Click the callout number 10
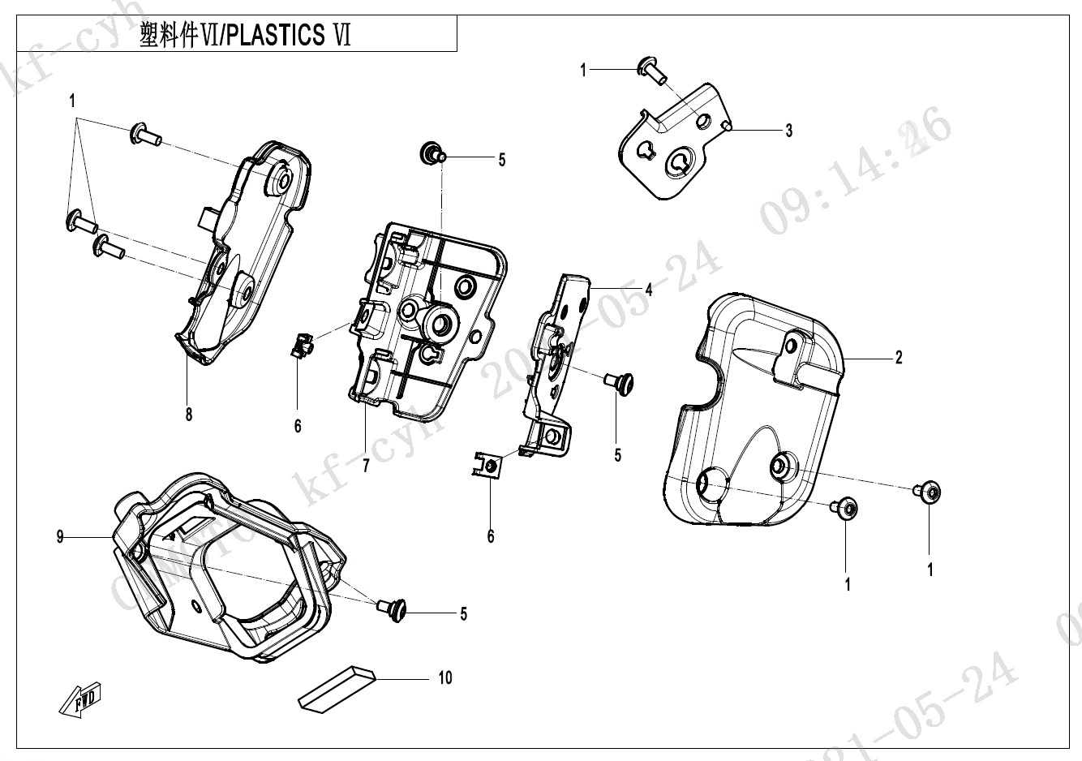pyautogui.click(x=444, y=677)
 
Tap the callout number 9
pyautogui.click(x=60, y=536)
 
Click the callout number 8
pyautogui.click(x=189, y=415)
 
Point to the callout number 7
pyautogui.click(x=366, y=466)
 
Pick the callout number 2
pyautogui.click(x=899, y=357)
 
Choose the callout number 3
pyautogui.click(x=788, y=130)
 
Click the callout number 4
pyautogui.click(x=648, y=289)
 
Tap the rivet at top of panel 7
pyautogui.click(x=430, y=152)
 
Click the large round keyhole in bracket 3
pyautogui.click(x=678, y=165)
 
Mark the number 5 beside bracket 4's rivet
pyautogui.click(x=618, y=455)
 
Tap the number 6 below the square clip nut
pyautogui.click(x=491, y=536)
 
